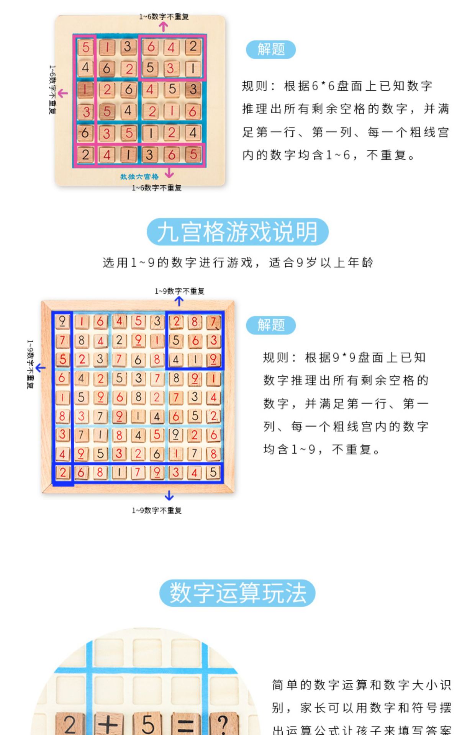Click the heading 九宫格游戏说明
click(237, 232)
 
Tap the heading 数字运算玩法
click(237, 593)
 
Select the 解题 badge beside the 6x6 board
click(271, 49)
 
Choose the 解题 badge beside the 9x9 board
click(271, 325)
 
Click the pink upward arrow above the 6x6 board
click(164, 26)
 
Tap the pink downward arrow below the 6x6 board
click(169, 173)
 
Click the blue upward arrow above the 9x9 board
click(179, 301)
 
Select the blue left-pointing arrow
click(40, 368)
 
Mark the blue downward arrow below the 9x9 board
click(169, 496)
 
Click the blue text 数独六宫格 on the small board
click(139, 177)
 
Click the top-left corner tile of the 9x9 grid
click(62, 321)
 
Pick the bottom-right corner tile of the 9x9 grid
click(213, 472)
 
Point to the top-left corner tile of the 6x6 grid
click(85, 47)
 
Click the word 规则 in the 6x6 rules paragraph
click(254, 86)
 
